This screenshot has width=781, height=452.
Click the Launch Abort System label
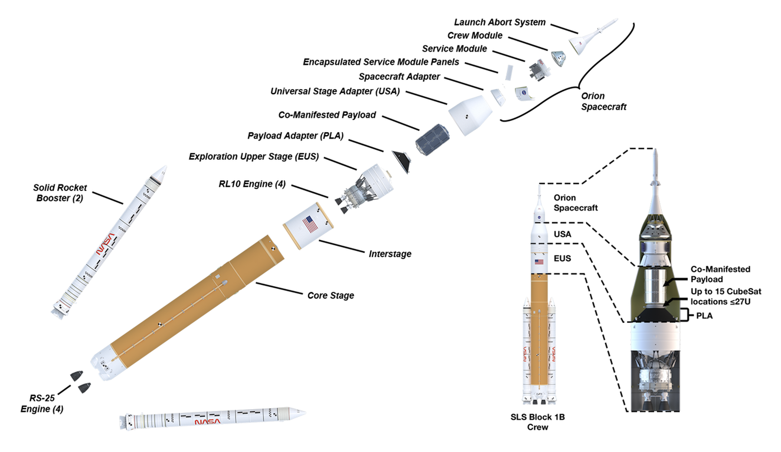pyautogui.click(x=500, y=22)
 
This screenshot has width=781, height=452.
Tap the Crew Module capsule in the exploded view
pyautogui.click(x=558, y=58)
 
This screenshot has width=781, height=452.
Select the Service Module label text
pyautogui.click(x=454, y=49)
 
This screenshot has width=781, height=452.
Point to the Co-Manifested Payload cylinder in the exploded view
pyautogui.click(x=432, y=140)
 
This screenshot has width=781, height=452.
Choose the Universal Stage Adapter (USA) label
pyautogui.click(x=335, y=92)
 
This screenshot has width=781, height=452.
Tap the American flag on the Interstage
pyautogui.click(x=310, y=224)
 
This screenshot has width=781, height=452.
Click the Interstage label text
pyautogui.click(x=390, y=254)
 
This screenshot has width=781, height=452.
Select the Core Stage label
pyautogui.click(x=330, y=296)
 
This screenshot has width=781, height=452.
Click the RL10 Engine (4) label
pyautogui.click(x=252, y=184)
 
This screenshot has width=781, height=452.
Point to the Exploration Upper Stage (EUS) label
pyautogui.click(x=254, y=157)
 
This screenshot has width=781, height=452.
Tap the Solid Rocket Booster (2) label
pyautogui.click(x=60, y=193)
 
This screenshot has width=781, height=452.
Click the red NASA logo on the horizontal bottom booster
pyautogui.click(x=207, y=422)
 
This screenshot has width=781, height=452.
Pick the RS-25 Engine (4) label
pyautogui.click(x=42, y=403)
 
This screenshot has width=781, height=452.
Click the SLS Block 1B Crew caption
pyautogui.click(x=537, y=422)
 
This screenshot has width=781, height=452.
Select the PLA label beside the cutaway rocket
pyautogui.click(x=704, y=316)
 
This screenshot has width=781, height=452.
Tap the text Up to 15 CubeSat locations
pyautogui.click(x=725, y=297)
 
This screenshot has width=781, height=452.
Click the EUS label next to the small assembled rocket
pyautogui.click(x=562, y=259)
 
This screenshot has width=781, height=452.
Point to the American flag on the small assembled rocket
pyautogui.click(x=539, y=262)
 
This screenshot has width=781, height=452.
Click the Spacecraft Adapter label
pyautogui.click(x=399, y=77)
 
